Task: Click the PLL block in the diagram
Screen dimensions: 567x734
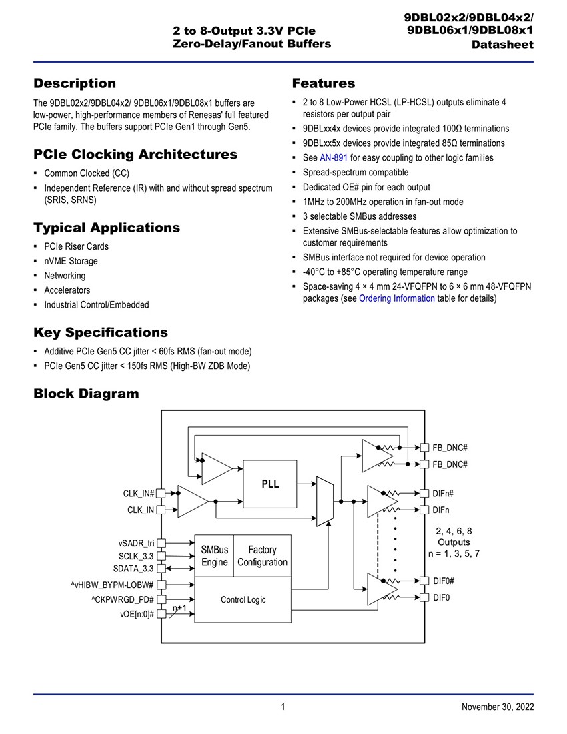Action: click(x=270, y=484)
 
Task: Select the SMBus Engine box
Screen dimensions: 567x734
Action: click(x=214, y=556)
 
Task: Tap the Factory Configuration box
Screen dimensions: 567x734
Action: click(x=262, y=556)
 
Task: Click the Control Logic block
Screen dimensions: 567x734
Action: click(x=243, y=600)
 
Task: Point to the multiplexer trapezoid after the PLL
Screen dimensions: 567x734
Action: click(x=325, y=502)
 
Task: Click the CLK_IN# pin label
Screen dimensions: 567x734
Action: click(x=139, y=493)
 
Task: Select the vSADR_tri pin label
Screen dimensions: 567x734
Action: click(x=136, y=543)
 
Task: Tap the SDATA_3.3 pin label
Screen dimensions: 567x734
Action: click(x=133, y=569)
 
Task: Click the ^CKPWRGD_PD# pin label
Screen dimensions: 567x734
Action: click(x=123, y=599)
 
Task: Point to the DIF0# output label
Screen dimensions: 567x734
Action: click(x=444, y=581)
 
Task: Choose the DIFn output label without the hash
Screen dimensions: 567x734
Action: click(x=441, y=510)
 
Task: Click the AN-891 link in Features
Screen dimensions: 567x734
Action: click(x=334, y=157)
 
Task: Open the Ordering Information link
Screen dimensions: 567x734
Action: click(x=397, y=298)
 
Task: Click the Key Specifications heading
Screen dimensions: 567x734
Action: click(x=101, y=332)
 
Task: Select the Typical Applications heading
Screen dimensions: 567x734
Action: click(x=107, y=228)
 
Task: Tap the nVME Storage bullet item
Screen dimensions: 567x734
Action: click(x=71, y=261)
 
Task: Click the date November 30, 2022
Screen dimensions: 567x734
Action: click(x=498, y=707)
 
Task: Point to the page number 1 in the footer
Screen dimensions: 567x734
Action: click(x=283, y=707)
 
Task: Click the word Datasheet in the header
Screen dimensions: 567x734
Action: click(x=502, y=45)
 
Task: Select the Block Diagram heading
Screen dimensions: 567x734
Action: click(x=86, y=394)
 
